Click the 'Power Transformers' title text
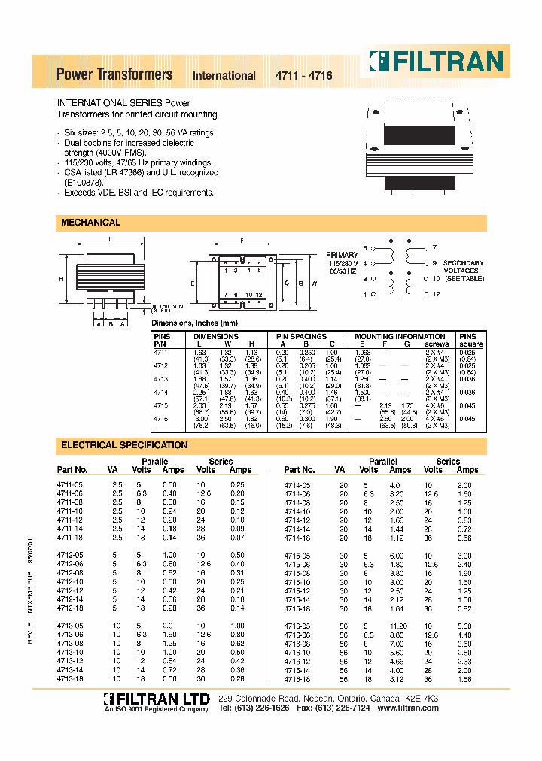114,74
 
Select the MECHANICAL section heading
90,223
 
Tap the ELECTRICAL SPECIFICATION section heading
124,445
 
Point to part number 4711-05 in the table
71,485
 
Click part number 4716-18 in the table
297,679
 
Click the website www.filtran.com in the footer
407,709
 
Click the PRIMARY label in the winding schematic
342,256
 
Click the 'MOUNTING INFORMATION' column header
400,336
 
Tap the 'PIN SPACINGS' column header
301,336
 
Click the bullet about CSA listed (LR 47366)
140,172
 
